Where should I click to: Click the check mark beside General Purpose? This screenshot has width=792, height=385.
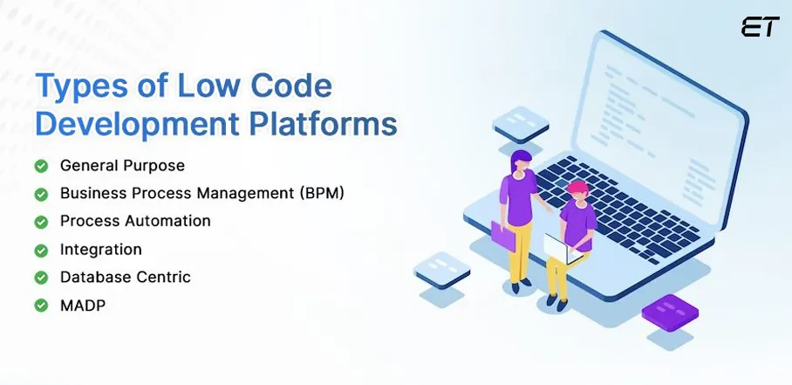(41, 166)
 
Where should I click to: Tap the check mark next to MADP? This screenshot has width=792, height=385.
(41, 306)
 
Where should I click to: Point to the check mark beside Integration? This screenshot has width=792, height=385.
(41, 250)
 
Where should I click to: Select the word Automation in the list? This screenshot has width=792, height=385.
(167, 221)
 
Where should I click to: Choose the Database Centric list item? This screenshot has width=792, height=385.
(125, 277)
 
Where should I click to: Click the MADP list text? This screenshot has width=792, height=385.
(83, 305)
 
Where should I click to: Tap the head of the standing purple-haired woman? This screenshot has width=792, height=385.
(521, 162)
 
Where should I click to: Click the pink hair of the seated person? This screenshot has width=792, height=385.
(577, 189)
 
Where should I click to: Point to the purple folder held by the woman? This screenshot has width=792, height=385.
(503, 235)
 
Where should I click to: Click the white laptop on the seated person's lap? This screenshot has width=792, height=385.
(557, 248)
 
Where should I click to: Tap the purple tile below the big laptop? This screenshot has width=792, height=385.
(669, 310)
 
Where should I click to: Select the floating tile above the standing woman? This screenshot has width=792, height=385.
(522, 121)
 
